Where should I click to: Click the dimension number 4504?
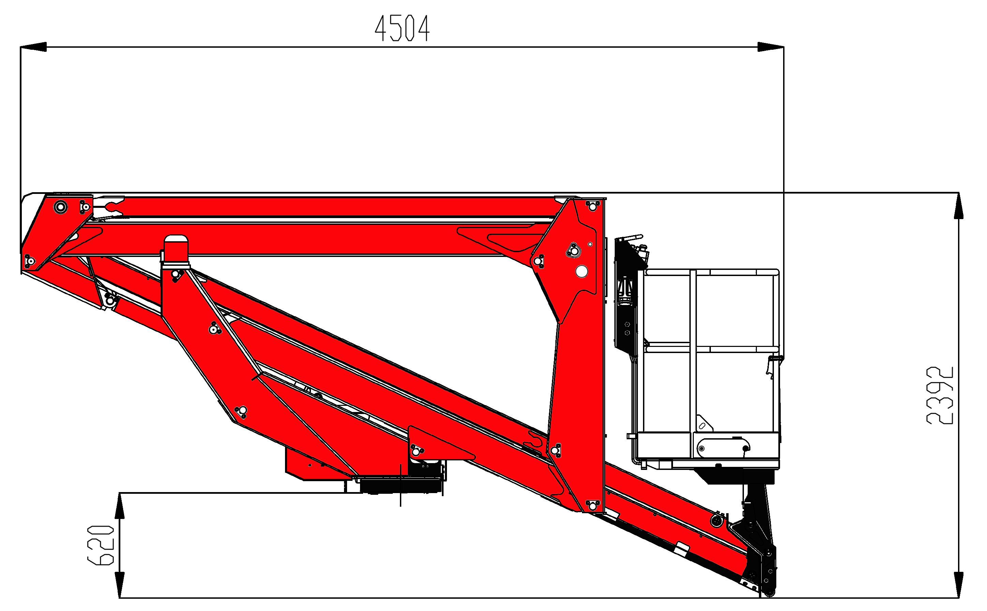[x=402, y=28]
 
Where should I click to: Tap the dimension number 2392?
[x=940, y=395]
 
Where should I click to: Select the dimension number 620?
[x=101, y=545]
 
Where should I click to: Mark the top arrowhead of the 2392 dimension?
[x=959, y=206]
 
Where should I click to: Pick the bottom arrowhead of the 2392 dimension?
[x=959, y=585]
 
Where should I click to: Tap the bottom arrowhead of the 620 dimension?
[x=119, y=585]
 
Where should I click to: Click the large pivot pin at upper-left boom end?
[x=61, y=207]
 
